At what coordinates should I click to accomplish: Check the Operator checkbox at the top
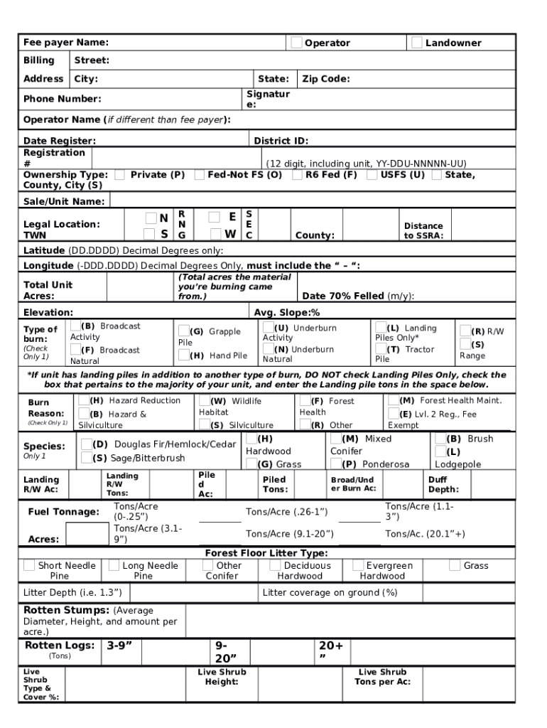pos(296,43)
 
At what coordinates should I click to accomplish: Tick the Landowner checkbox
pos(417,43)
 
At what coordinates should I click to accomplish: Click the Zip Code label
pos(325,79)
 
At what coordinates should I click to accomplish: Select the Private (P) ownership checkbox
pos(121,174)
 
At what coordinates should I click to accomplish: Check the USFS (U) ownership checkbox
pos(372,174)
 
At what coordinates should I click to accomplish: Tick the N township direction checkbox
pos(151,218)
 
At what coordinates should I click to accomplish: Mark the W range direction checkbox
pos(215,233)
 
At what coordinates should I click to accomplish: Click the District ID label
pos(281,141)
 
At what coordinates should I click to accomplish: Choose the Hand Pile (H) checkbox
pos(184,355)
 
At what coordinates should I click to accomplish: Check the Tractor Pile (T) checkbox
pos(381,349)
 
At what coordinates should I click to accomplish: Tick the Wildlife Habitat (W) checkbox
pos(205,401)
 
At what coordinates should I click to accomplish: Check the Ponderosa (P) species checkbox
pos(336,464)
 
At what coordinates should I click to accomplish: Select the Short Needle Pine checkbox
pos(29,565)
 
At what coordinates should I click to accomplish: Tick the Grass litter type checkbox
pos(455,565)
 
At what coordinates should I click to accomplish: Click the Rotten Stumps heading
pos(66,610)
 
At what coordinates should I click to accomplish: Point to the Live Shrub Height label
pos(222,677)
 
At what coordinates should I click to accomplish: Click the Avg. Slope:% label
pos(287,312)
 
